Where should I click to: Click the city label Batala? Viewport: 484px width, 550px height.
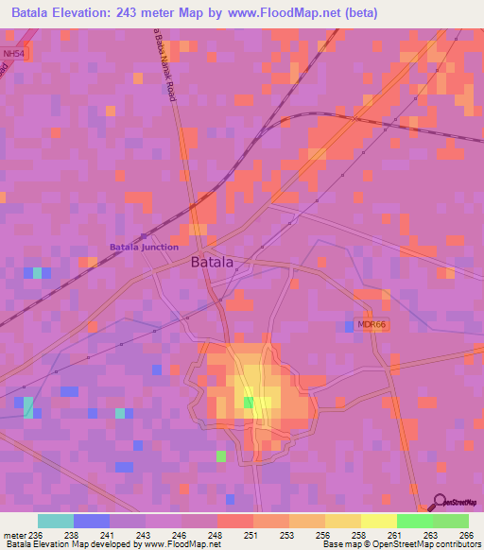(212, 263)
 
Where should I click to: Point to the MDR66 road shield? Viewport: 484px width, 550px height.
(372, 324)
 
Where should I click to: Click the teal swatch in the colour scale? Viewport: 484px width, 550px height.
(56, 521)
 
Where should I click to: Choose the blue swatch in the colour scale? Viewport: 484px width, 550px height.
(92, 521)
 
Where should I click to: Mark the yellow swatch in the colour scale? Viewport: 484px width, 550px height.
(379, 521)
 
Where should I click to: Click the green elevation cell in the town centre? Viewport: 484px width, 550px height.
(249, 403)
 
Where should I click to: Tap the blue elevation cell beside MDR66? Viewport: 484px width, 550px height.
(349, 325)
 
